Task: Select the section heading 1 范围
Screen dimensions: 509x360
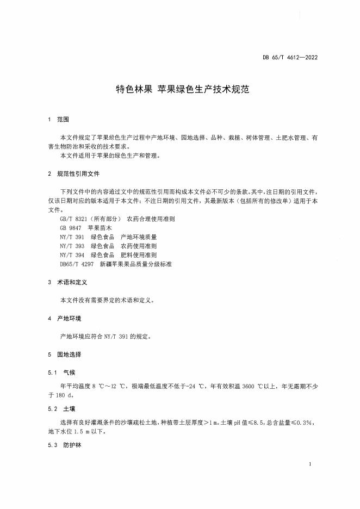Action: tap(59, 119)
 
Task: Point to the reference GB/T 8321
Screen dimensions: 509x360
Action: tap(75, 219)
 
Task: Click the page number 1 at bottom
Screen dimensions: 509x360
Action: tap(309, 464)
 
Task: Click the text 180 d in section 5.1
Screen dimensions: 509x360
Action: tap(69, 395)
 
